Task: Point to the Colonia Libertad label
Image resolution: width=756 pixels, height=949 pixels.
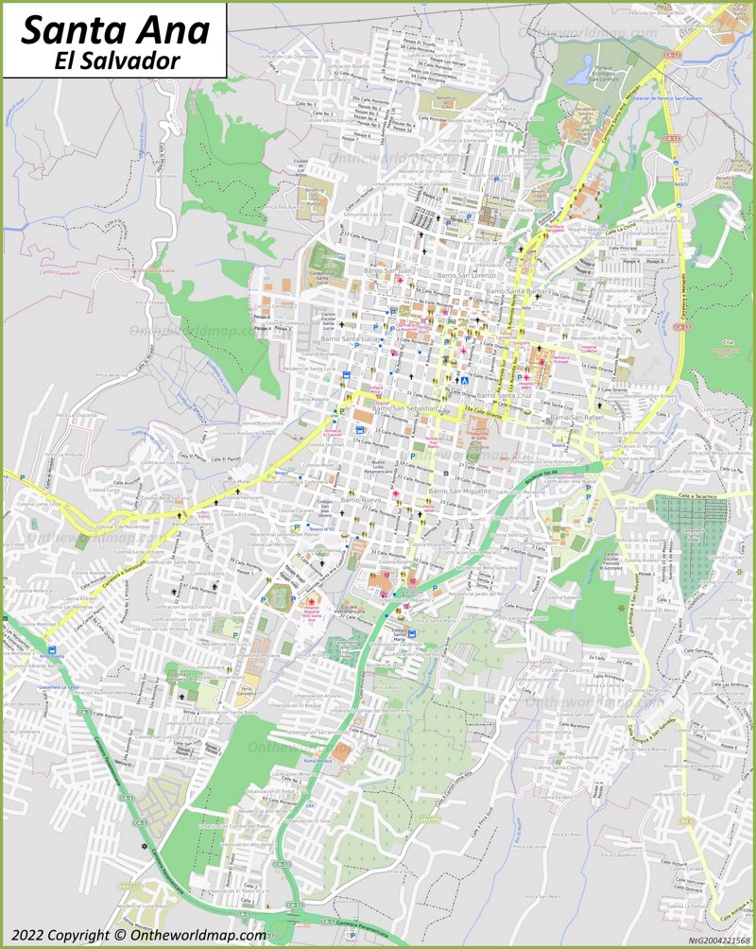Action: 635,510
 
